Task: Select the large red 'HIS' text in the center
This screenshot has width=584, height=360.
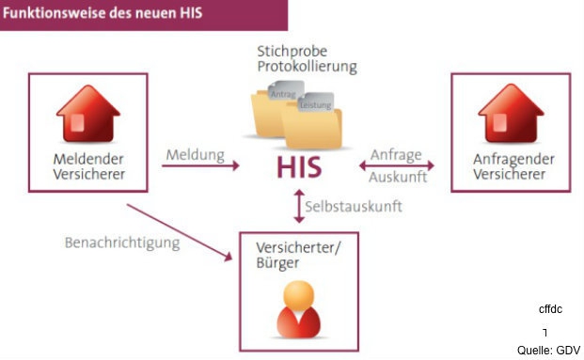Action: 299,167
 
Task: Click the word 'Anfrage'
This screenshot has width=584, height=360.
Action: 396,154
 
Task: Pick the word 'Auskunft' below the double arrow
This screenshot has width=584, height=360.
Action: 399,176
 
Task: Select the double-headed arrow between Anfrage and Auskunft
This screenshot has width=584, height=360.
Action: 396,165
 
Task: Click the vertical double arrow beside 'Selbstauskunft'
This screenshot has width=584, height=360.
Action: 299,205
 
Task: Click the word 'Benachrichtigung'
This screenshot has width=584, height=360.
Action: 122,242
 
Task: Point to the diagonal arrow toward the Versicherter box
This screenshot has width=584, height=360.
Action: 179,231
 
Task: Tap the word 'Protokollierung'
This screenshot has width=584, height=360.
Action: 307,67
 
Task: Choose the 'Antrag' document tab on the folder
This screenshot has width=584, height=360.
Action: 282,95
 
